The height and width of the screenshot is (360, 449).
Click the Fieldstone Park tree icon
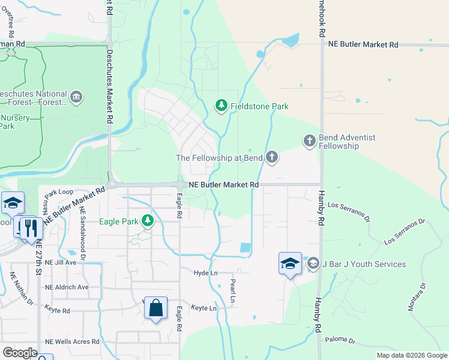[x=221, y=106]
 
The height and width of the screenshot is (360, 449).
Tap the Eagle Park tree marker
[x=148, y=221]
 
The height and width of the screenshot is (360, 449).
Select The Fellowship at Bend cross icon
[x=272, y=158]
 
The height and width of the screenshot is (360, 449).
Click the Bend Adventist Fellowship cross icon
[x=309, y=141]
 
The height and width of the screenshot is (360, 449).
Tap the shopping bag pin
[x=155, y=308]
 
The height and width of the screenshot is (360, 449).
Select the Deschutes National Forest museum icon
[x=76, y=97]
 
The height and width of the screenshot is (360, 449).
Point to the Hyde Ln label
[x=205, y=272]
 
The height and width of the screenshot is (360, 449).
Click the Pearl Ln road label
[x=232, y=290]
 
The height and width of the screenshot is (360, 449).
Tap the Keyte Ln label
[x=203, y=308]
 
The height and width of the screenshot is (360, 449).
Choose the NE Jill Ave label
[x=61, y=262]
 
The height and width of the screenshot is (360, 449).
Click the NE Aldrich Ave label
[x=67, y=287]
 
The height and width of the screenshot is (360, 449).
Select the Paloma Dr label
[x=340, y=340]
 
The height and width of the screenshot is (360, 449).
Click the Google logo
[x=20, y=352]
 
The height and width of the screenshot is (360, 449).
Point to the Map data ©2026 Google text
[x=411, y=355]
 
